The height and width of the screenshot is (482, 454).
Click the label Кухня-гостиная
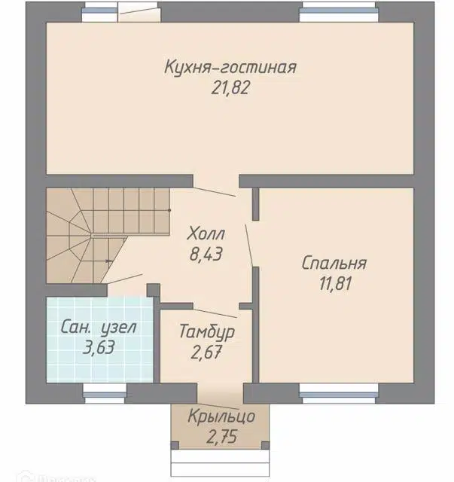tap(230, 67)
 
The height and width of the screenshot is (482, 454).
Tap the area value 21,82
tap(230, 88)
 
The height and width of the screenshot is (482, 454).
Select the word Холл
tap(206, 233)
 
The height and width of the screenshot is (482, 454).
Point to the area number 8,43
tap(206, 255)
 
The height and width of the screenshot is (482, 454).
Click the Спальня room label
tap(334, 264)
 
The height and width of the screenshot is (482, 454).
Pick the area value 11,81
tap(335, 283)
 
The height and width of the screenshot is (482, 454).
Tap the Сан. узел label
tap(99, 327)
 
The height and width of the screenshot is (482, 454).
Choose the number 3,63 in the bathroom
tap(99, 347)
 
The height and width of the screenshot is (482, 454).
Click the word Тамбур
tap(206, 331)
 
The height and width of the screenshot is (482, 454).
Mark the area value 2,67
tap(206, 352)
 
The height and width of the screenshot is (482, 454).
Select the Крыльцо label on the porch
tap(221, 416)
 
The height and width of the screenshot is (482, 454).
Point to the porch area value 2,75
tap(221, 437)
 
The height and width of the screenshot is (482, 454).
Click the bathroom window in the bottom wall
tap(105, 393)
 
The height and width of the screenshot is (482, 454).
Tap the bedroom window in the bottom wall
tap(339, 393)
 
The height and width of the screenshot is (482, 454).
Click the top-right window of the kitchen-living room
tap(339, 12)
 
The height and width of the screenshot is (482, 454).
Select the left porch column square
tap(175, 445)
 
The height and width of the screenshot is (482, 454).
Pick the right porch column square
tap(265, 445)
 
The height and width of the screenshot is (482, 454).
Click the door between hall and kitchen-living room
tap(215, 191)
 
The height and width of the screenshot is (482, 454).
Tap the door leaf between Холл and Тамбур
tap(215, 313)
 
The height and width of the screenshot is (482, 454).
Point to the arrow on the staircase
tap(109, 261)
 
